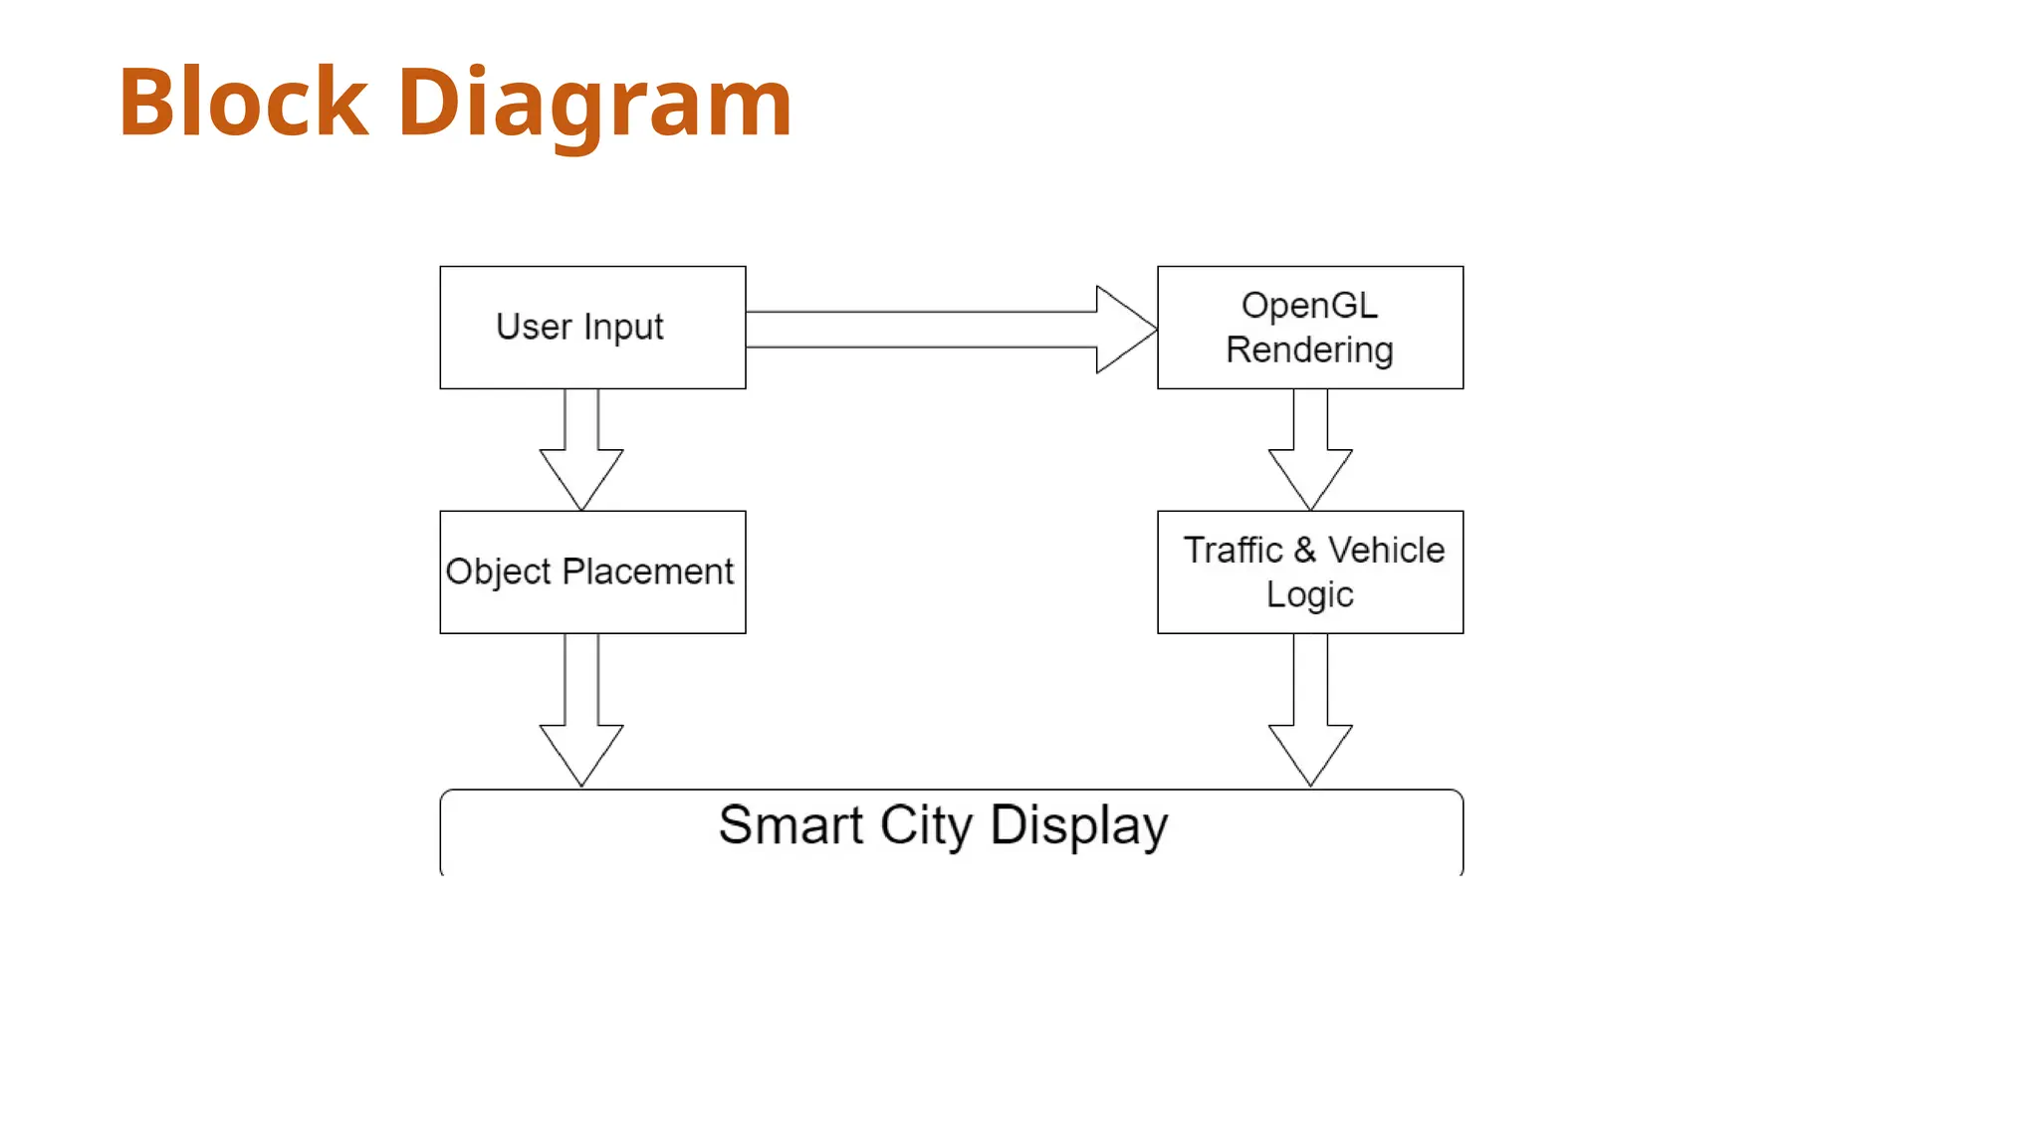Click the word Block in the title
(243, 102)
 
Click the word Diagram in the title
(594, 104)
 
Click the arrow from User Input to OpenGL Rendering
(946, 330)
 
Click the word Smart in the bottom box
(791, 825)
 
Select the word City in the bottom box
(925, 826)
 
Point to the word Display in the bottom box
(1078, 826)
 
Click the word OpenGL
(1309, 306)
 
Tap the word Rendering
(1309, 350)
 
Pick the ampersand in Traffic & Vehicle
(1305, 550)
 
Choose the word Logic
(1309, 594)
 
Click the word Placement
(647, 572)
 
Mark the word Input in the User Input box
(623, 328)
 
